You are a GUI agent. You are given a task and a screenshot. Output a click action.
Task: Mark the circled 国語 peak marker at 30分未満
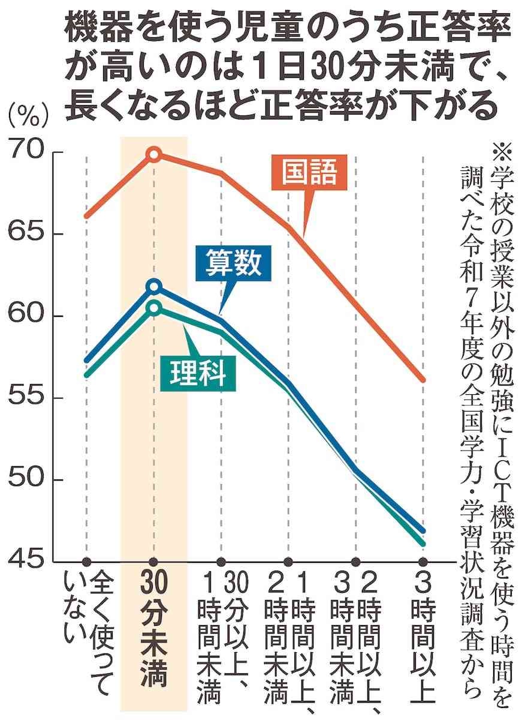click(154, 155)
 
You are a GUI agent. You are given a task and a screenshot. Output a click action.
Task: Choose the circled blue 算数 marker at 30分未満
click(154, 286)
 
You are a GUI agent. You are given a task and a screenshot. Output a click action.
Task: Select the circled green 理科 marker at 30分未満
click(154, 308)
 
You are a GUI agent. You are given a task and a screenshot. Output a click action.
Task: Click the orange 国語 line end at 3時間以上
click(423, 380)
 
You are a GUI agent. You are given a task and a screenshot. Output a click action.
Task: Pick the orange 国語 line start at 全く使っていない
click(87, 216)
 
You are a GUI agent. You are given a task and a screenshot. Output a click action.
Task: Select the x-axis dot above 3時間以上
click(423, 562)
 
